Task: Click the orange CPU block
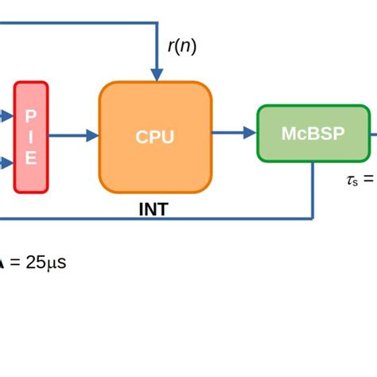[x=155, y=137]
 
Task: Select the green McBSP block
[x=313, y=133]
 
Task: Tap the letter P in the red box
[x=31, y=115]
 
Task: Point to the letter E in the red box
[x=31, y=158]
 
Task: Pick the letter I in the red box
[x=31, y=137]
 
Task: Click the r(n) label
[x=181, y=47]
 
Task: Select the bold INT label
[x=154, y=211]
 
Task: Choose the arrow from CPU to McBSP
[x=234, y=133]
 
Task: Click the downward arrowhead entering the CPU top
[x=156, y=75]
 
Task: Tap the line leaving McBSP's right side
[x=372, y=133]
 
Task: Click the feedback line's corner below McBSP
[x=313, y=217]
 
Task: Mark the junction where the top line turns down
[x=156, y=24]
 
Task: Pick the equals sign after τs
[x=368, y=180]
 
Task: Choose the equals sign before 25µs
[x=14, y=262]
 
